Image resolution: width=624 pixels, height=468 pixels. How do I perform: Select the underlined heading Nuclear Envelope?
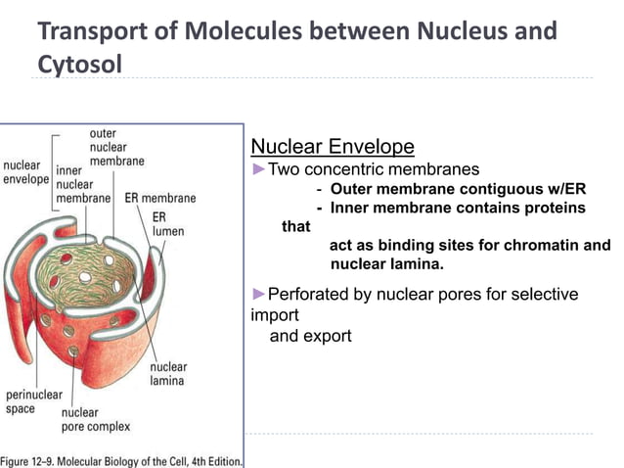coord(333,147)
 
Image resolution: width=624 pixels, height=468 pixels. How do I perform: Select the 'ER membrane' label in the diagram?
coord(160,198)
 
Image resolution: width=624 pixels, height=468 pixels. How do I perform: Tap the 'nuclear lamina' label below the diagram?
coord(168,373)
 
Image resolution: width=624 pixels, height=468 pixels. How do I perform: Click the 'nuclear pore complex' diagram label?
coord(95,419)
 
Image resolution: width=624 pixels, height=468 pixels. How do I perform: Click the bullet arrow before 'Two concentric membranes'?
coord(259,169)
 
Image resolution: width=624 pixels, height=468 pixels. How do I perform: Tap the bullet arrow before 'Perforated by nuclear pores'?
coord(259,295)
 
